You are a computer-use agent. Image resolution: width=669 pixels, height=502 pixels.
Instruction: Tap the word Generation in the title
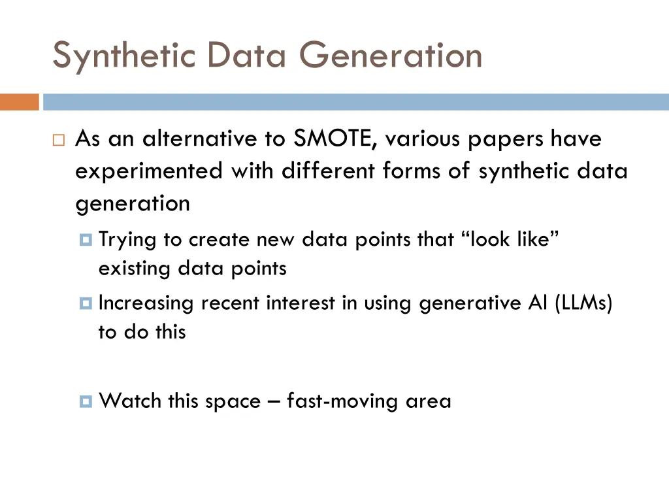coord(391,55)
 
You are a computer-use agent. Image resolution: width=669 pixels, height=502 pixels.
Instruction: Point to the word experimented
coord(148,171)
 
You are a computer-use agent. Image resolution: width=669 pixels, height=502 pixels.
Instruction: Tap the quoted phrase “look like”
coord(512,240)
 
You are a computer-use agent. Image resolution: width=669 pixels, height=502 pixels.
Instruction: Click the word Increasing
coord(146,304)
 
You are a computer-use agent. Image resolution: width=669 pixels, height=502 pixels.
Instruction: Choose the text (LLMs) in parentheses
coord(583,304)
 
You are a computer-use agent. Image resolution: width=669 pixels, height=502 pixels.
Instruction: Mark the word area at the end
coord(429,401)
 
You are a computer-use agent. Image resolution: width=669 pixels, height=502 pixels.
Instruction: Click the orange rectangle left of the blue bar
coord(20,103)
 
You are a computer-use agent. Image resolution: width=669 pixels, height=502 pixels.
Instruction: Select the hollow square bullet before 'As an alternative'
coord(58,141)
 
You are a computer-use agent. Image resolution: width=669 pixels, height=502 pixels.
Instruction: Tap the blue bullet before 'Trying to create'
coord(86,241)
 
